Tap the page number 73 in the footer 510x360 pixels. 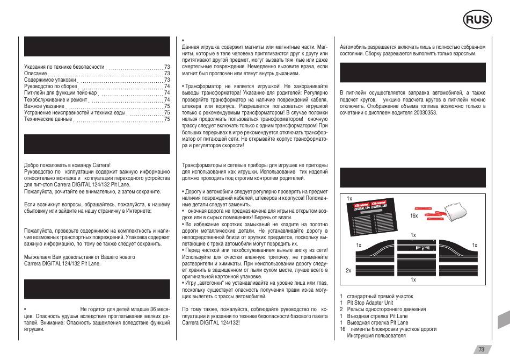click(482, 349)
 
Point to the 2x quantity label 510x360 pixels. click(348, 270)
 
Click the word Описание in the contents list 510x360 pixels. click(36, 73)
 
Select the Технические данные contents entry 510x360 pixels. click(48, 119)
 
